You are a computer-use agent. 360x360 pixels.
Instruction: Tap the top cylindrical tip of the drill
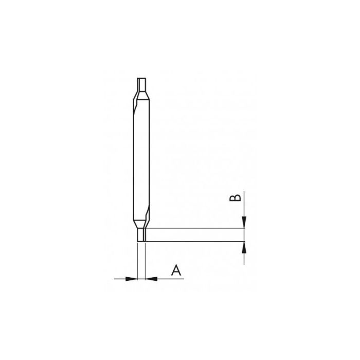click(x=141, y=84)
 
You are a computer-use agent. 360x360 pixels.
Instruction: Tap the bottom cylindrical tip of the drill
click(x=141, y=236)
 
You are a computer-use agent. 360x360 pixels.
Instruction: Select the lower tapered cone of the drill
click(x=141, y=225)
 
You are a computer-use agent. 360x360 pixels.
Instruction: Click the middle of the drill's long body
click(x=141, y=159)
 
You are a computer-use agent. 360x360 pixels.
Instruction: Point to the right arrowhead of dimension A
click(x=150, y=279)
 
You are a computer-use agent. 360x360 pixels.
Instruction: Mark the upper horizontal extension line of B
click(x=195, y=229)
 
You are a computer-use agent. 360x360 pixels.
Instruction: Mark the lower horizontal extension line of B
click(x=195, y=242)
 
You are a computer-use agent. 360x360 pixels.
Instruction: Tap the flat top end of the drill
click(x=141, y=79)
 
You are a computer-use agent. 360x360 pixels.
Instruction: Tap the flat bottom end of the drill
click(x=141, y=242)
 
